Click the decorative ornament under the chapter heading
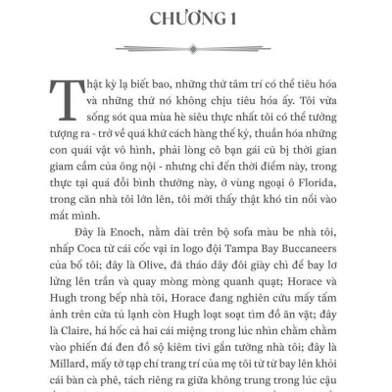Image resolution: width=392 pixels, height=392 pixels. [x=196, y=45]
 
